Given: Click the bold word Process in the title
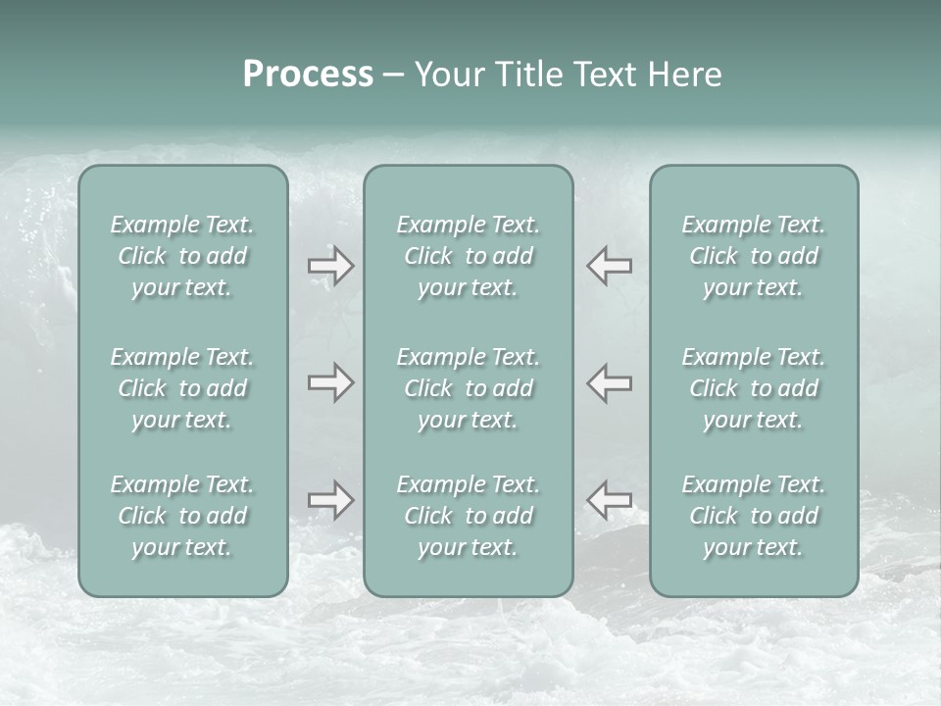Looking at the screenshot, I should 308,75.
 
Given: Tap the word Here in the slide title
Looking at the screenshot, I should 685,75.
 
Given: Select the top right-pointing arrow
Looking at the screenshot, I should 331,266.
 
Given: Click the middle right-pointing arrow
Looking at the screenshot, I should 331,382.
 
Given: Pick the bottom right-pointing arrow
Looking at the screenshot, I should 331,500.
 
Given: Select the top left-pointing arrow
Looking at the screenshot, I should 609,266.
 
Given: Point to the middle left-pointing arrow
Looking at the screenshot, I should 609,382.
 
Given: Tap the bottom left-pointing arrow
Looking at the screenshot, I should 609,500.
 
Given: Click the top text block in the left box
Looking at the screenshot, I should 182,256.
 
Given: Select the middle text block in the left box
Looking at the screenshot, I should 182,388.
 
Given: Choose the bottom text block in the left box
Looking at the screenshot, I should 182,516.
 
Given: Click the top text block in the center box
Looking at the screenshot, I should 468,256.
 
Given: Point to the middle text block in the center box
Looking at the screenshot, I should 468,388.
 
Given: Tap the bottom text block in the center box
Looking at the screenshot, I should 468,516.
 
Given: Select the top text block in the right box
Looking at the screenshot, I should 753,256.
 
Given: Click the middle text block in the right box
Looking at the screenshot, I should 753,388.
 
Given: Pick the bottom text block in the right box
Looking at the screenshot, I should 753,516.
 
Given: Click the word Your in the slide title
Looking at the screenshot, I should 449,75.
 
